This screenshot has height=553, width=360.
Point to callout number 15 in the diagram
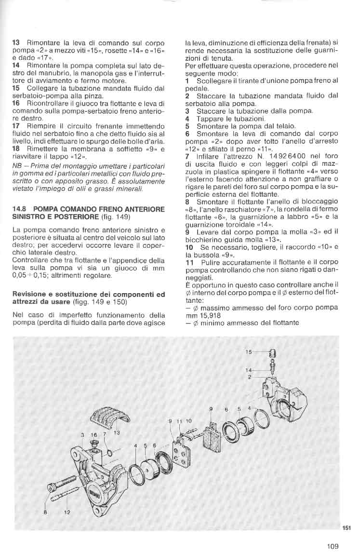[x=248, y=352]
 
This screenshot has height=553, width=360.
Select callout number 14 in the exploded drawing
[x=248, y=370]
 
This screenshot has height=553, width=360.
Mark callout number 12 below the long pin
[x=67, y=512]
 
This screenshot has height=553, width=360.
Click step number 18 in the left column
[x=15, y=149]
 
